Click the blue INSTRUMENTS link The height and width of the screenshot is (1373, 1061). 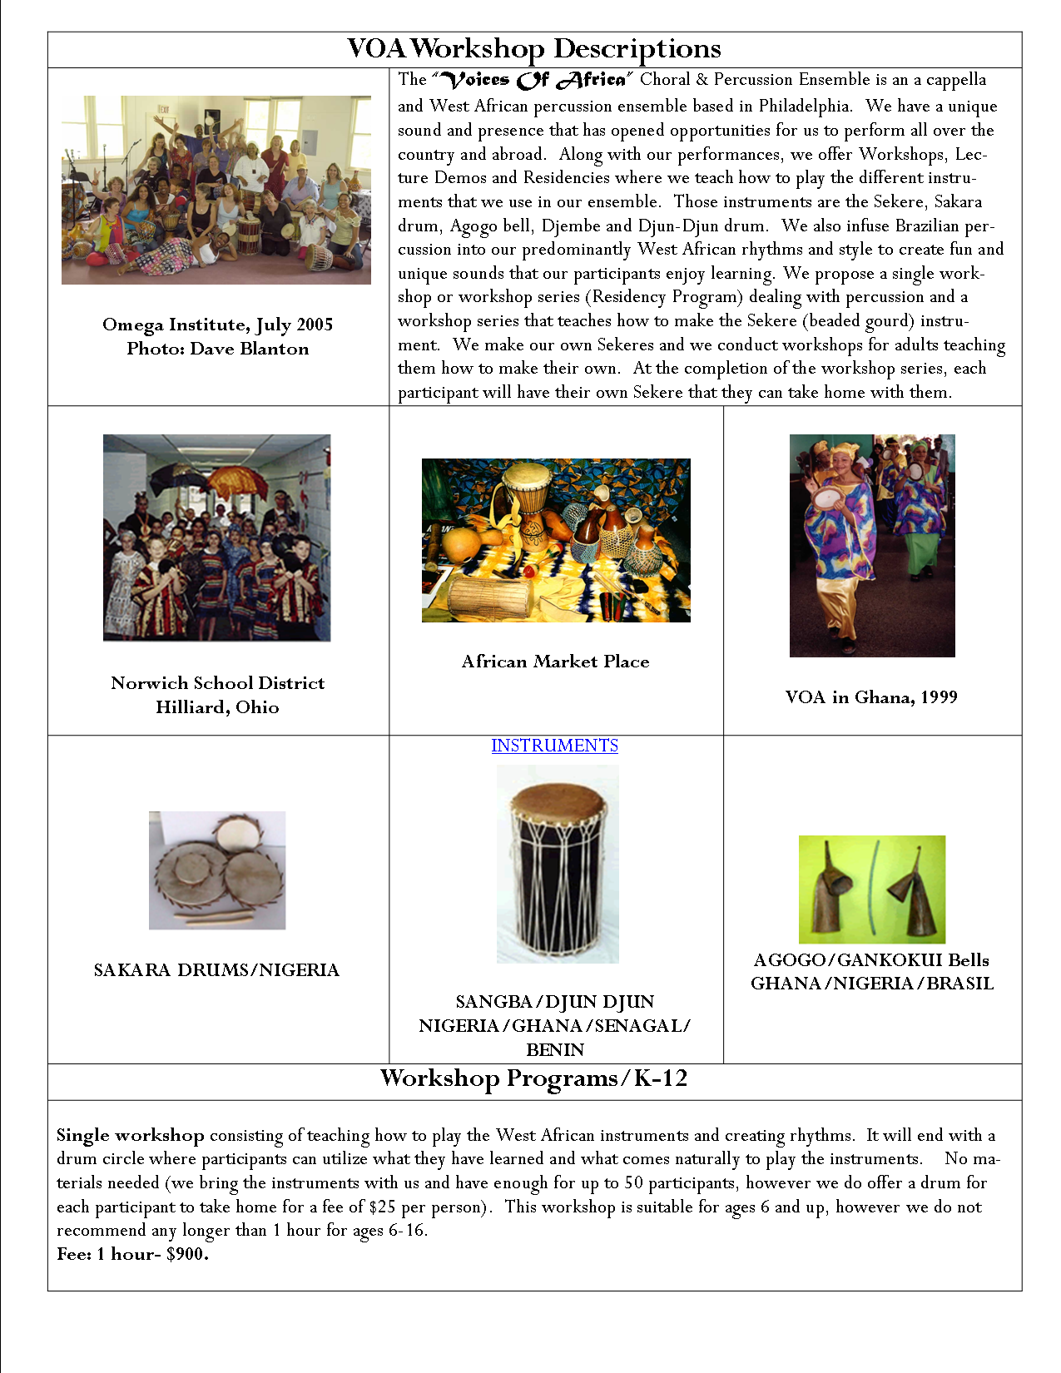click(554, 746)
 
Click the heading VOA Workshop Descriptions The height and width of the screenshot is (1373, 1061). click(533, 49)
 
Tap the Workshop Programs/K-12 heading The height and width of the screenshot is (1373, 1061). click(533, 1078)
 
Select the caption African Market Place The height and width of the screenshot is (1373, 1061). click(555, 662)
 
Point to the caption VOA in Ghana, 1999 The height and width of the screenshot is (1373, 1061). click(871, 697)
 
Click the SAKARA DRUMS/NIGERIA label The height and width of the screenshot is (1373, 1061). click(216, 970)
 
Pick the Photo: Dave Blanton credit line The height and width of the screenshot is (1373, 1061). click(217, 349)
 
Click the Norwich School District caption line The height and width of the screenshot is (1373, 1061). click(217, 683)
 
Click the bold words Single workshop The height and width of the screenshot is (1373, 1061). click(130, 1135)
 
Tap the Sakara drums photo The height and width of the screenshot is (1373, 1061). click(216, 870)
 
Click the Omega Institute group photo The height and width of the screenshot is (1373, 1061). click(216, 190)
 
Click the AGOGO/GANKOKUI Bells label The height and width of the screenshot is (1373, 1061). click(871, 960)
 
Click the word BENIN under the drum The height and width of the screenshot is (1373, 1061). click(555, 1050)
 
